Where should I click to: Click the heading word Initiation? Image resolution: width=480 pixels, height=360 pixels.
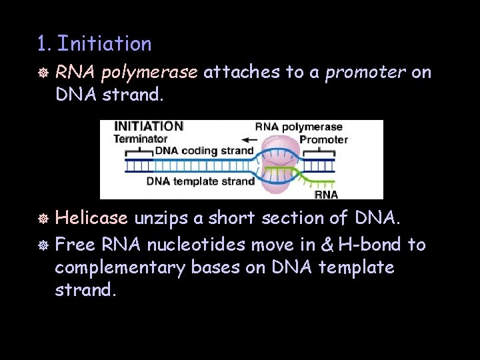pos(104,44)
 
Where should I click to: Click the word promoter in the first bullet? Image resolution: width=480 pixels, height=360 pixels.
pos(365,73)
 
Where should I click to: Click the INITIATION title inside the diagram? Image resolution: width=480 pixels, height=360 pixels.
pos(149,126)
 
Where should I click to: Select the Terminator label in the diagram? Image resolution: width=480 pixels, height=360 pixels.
pos(141,139)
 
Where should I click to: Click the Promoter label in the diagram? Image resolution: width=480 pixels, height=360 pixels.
pos(323,139)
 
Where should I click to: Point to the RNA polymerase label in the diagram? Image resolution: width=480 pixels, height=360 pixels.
pos(299,127)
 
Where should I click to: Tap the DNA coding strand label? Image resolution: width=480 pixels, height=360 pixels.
pos(204,151)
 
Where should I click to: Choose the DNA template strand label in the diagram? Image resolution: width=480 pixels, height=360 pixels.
pos(201,181)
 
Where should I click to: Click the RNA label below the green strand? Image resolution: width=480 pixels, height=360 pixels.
pos(326,194)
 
